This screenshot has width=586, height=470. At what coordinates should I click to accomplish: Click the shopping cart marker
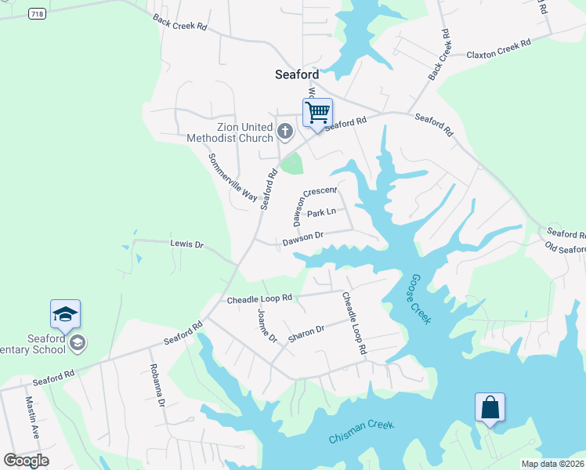point(317,113)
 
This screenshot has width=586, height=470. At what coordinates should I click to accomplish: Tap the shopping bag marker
point(490,408)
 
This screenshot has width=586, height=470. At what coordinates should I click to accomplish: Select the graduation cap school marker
point(65,314)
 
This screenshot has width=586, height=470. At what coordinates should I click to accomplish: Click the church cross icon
point(285,131)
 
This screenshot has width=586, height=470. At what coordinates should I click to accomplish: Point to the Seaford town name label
point(297,74)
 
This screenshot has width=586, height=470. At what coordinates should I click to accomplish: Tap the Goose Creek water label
point(419,298)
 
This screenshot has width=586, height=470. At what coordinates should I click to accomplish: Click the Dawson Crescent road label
point(314,202)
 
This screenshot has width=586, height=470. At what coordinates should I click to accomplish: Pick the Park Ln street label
point(321,213)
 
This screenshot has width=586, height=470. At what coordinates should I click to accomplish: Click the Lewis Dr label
point(187,244)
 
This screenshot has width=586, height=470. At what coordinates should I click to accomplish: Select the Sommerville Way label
point(233,176)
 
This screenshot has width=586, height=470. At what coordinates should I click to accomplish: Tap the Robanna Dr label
point(157,385)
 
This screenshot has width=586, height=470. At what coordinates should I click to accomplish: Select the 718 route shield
point(36,14)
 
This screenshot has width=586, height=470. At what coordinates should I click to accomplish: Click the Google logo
point(26,460)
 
